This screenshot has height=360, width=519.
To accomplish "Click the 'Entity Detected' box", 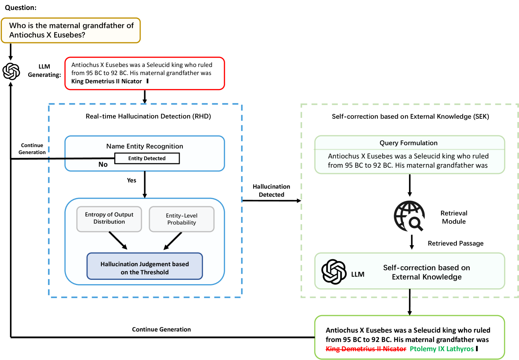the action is pos(147,158).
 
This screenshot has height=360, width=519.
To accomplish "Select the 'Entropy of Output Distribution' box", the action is pos(109,219).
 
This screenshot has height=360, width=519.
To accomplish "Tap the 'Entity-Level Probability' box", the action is pos(182,219).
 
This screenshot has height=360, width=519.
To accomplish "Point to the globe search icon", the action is pos(409,216).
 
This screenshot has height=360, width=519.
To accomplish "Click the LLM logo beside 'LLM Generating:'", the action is pos(11,71).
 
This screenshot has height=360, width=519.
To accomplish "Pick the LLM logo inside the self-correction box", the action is pos(334,271).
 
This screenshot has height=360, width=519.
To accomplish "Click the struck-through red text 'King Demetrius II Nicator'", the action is pos(366,349).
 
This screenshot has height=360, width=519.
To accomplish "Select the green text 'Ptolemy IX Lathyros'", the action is pos(441,349).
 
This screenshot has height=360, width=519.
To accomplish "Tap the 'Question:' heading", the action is pos(21,8).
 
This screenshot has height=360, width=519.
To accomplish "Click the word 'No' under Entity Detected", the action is pos(103,164).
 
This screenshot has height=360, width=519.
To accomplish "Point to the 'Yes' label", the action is pos(131,180).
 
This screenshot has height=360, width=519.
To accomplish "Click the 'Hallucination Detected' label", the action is pos(271,190).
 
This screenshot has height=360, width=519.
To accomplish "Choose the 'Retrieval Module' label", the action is pos(454,217).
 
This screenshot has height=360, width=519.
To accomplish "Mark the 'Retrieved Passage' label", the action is pos(455,243).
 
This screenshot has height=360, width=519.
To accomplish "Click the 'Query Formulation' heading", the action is pos(408,143).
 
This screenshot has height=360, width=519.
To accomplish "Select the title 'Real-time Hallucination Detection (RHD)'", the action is pos(148,116).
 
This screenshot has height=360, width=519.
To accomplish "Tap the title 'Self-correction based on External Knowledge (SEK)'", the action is pos(410,116).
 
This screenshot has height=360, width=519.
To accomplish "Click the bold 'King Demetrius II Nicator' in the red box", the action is pos(106,81).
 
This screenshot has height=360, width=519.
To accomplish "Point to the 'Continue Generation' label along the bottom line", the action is pos(161,329).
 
